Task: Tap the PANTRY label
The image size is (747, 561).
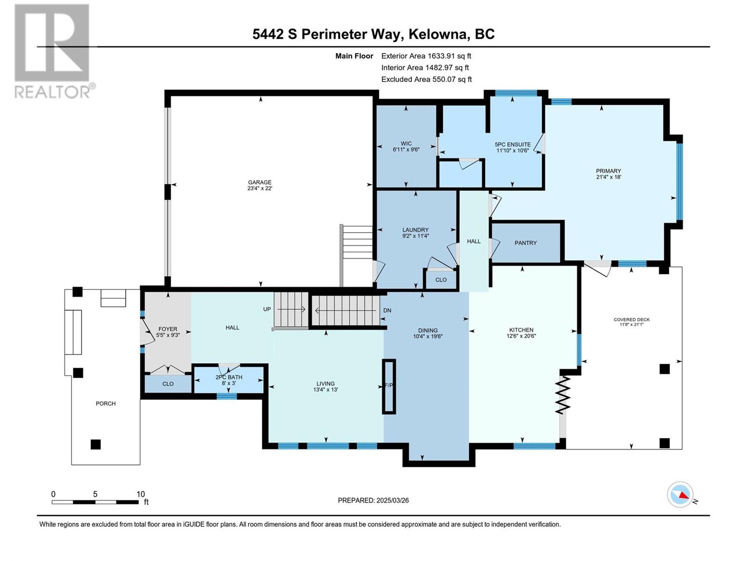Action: pyautogui.click(x=525, y=243)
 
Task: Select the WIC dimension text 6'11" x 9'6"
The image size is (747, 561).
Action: pyautogui.click(x=406, y=149)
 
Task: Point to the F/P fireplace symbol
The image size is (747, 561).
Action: pyautogui.click(x=389, y=386)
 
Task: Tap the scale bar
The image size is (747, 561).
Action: pyautogui.click(x=95, y=502)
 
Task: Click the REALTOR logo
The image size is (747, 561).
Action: pyautogui.click(x=54, y=51)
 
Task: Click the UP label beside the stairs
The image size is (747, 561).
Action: pyautogui.click(x=267, y=309)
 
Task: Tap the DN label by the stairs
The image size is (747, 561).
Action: pyautogui.click(x=388, y=310)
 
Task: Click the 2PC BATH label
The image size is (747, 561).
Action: pyautogui.click(x=229, y=377)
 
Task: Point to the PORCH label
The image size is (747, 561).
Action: pyautogui.click(x=106, y=403)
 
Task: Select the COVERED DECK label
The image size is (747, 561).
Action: pyautogui.click(x=632, y=319)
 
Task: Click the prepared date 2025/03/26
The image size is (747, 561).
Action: pyautogui.click(x=392, y=500)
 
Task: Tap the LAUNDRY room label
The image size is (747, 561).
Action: pyautogui.click(x=415, y=230)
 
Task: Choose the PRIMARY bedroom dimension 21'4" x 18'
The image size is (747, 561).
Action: pyautogui.click(x=608, y=177)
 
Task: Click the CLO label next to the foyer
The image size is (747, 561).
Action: pyautogui.click(x=168, y=383)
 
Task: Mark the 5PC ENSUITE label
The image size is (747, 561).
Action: pyautogui.click(x=513, y=144)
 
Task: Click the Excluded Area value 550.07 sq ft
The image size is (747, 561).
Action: pyautogui.click(x=452, y=79)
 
